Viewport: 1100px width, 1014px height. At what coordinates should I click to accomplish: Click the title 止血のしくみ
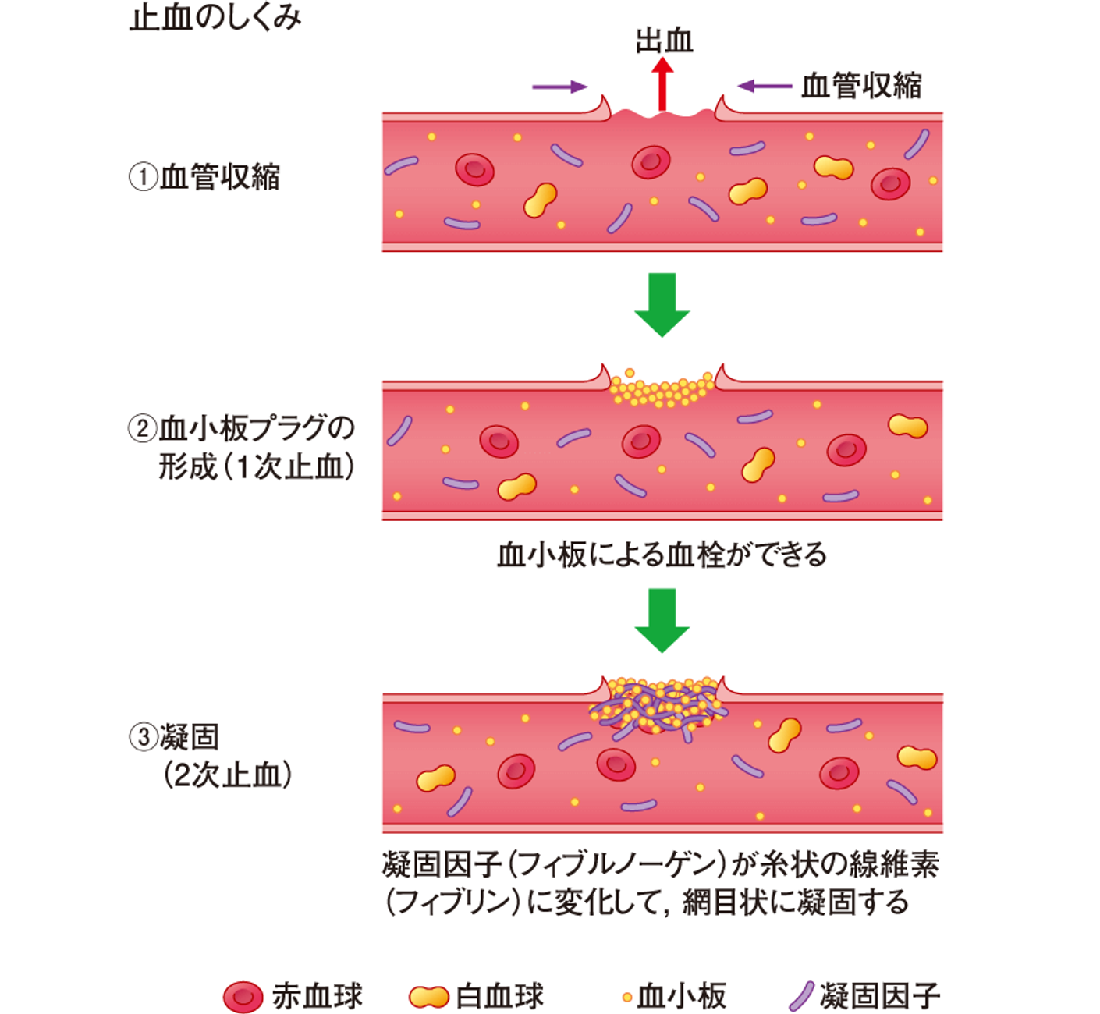tap(215, 18)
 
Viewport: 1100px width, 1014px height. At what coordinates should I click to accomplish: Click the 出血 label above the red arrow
tap(664, 41)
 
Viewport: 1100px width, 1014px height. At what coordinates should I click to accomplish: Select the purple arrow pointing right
tap(559, 87)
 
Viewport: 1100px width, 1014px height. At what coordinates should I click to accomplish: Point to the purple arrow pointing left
tap(765, 86)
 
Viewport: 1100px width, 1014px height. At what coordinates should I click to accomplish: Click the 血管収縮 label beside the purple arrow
tap(861, 86)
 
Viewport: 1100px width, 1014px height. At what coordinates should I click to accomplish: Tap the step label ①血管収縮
tap(204, 178)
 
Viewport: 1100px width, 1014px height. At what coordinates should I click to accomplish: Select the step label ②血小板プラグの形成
tap(242, 448)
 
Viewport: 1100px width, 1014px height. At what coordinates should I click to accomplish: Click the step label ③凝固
tap(210, 756)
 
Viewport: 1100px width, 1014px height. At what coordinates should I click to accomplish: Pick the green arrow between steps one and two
tap(662, 304)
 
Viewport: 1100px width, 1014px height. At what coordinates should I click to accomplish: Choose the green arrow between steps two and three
tap(662, 621)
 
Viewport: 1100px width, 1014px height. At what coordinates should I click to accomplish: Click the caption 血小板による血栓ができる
tap(662, 555)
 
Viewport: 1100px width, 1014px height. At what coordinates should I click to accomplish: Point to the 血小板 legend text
tap(681, 981)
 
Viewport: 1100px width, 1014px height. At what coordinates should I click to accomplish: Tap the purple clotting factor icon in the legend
tap(801, 981)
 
